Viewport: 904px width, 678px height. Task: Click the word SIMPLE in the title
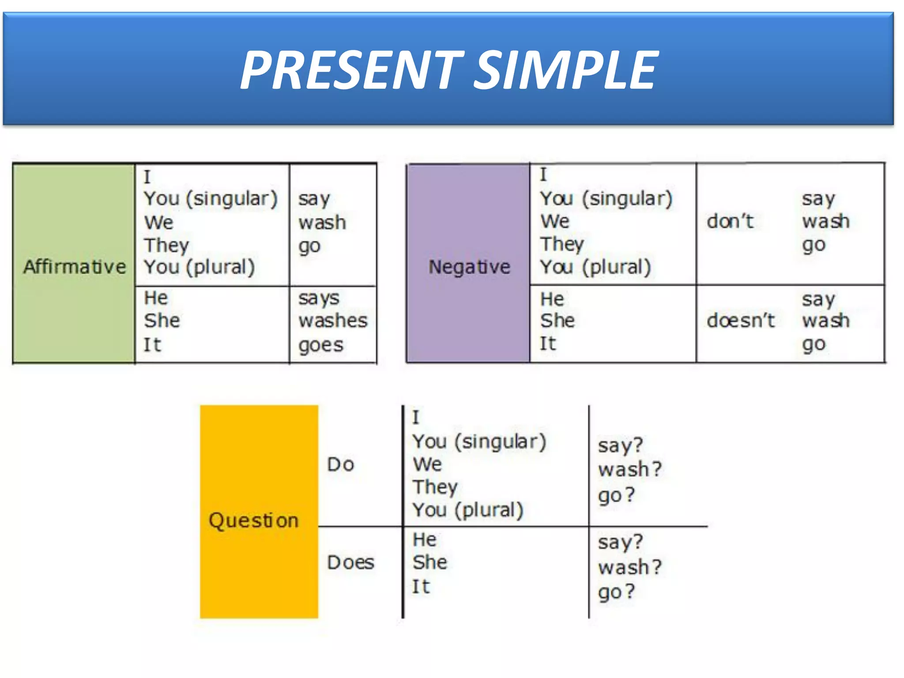[567, 70]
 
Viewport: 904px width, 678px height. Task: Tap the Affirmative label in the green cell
[75, 267]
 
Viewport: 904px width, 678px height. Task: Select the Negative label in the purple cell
[469, 267]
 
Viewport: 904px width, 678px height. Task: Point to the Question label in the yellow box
[254, 520]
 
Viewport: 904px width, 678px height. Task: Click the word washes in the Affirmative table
[333, 320]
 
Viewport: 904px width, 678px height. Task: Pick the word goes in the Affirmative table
[320, 345]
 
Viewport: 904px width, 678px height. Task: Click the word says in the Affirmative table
[319, 298]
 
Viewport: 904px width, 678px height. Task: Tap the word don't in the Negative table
[730, 221]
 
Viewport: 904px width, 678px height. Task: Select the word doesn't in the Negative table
[741, 320]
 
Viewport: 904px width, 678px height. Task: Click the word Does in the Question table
[350, 562]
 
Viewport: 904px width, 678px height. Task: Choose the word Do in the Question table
[341, 464]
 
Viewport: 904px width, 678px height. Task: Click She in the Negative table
[557, 320]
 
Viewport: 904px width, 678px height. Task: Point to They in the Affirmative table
[166, 245]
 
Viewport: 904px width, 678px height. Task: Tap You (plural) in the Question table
[468, 510]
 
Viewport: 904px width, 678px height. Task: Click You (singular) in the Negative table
[606, 199]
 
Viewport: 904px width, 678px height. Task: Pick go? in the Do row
[616, 495]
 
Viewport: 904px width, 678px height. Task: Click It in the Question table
[421, 587]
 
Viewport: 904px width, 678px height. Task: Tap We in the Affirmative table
[159, 222]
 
